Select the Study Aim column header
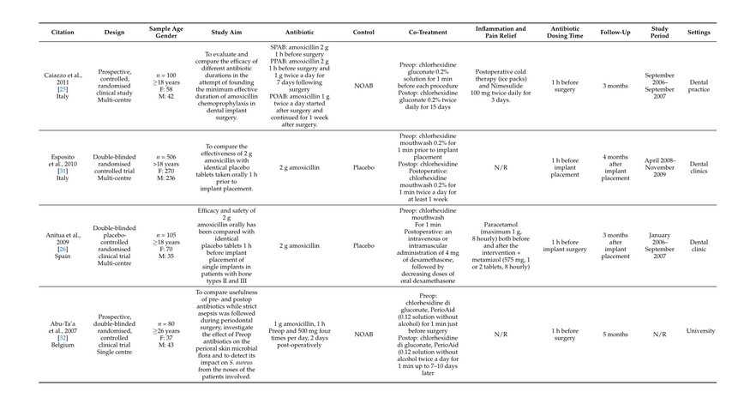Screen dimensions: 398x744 tap(230, 32)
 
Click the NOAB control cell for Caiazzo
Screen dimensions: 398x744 tap(363, 86)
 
